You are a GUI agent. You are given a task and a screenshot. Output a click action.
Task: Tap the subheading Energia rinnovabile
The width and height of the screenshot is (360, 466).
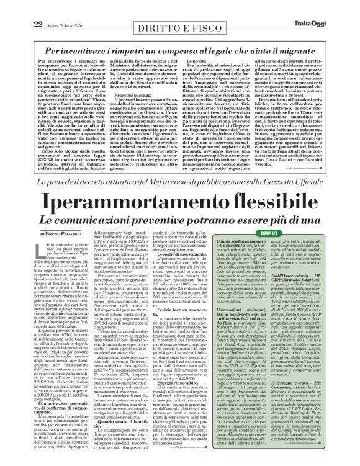coord(198,383)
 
